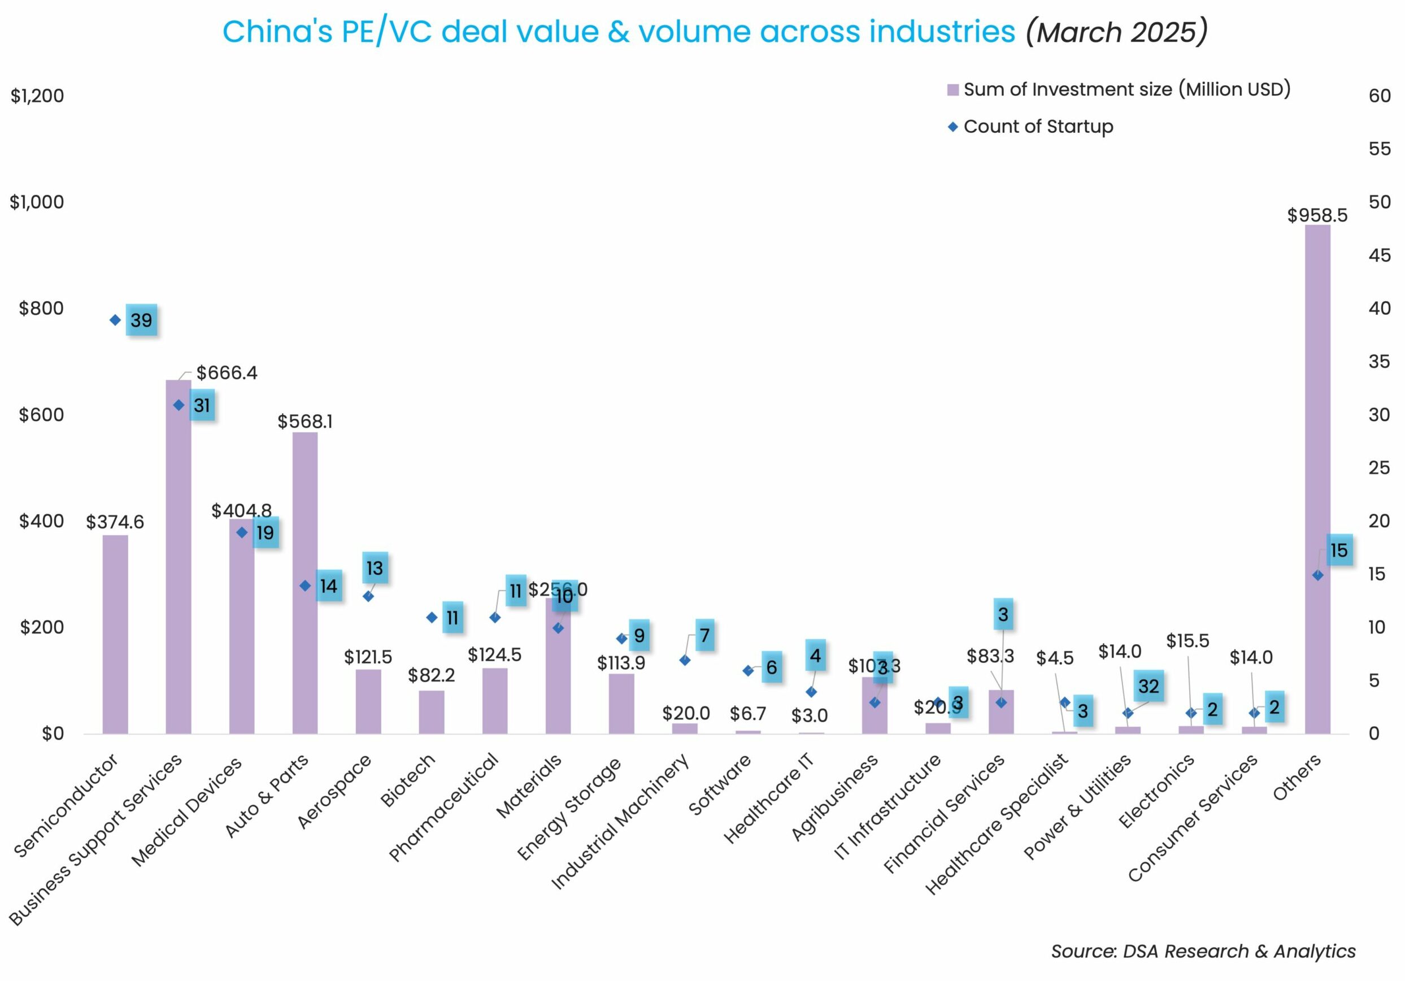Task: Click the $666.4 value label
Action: (x=227, y=373)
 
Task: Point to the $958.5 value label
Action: (x=1317, y=215)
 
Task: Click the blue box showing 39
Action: (x=141, y=320)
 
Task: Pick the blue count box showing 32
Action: (x=1148, y=686)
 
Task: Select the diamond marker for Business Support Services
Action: (x=179, y=405)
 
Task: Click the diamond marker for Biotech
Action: (x=432, y=618)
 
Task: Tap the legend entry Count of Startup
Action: (x=1038, y=127)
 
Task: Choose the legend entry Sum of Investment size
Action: (x=1126, y=89)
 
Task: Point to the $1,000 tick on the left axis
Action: (x=37, y=202)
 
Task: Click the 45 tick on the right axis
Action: (x=1380, y=255)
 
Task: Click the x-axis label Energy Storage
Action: (x=569, y=808)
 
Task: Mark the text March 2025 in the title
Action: (x=1116, y=32)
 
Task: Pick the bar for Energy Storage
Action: (x=621, y=703)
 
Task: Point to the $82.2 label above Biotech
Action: (x=432, y=675)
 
